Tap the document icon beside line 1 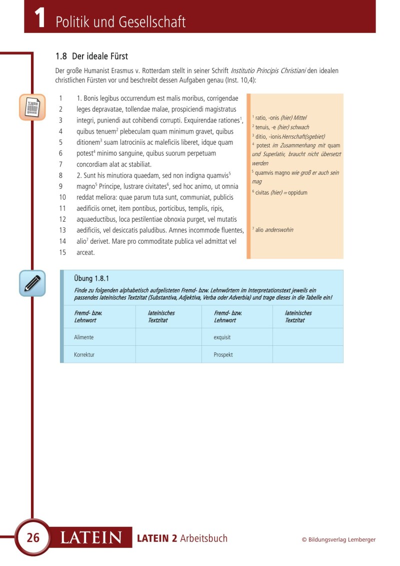32,107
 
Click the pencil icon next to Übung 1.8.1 32,283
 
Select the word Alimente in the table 84,337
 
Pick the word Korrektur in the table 84,355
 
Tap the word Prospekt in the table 223,355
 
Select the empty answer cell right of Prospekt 307,354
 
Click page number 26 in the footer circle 33,538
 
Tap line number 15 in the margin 62,252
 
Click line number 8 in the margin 60,175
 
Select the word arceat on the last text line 85,252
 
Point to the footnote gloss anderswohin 279,230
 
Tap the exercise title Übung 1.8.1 91,279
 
